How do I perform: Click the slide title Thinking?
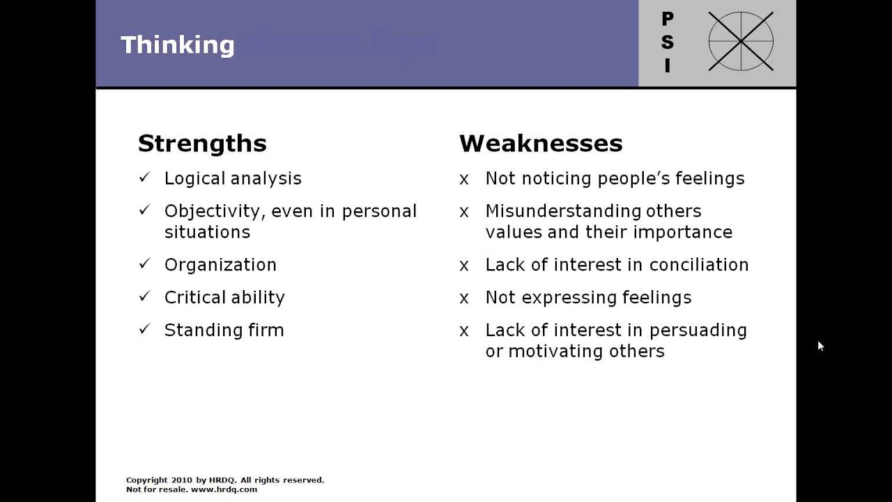tap(178, 45)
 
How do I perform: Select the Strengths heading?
tap(202, 143)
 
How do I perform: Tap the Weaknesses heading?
tap(541, 143)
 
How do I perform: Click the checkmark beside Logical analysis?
tap(144, 178)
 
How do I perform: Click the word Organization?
tap(220, 265)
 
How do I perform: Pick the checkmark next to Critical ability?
tap(144, 296)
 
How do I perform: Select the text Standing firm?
tap(224, 330)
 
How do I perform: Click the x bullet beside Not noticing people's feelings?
tap(464, 179)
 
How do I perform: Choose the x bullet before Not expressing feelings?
tap(464, 298)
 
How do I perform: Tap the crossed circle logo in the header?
tap(741, 41)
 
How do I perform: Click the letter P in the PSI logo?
tap(668, 20)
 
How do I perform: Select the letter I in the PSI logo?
tap(668, 66)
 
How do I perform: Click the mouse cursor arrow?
tap(821, 346)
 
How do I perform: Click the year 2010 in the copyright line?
tap(180, 480)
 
